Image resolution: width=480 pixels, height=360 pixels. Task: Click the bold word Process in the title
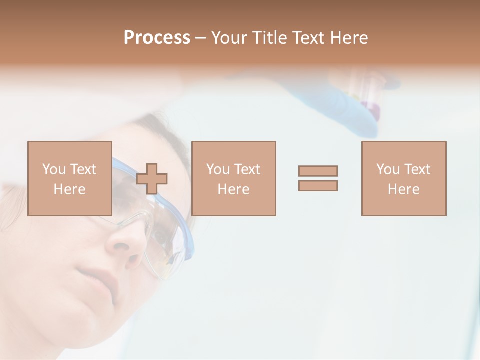157,38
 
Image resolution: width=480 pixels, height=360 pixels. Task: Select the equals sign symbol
318,178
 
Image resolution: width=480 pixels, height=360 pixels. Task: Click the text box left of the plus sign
70,178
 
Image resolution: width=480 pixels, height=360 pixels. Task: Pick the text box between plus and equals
233,178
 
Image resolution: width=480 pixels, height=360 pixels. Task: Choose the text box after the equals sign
403,178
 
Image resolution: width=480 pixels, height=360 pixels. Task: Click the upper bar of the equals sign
318,171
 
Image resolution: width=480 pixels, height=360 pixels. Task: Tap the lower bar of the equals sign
318,185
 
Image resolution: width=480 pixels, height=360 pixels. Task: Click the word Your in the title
229,38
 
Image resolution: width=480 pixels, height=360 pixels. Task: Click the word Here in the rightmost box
403,189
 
